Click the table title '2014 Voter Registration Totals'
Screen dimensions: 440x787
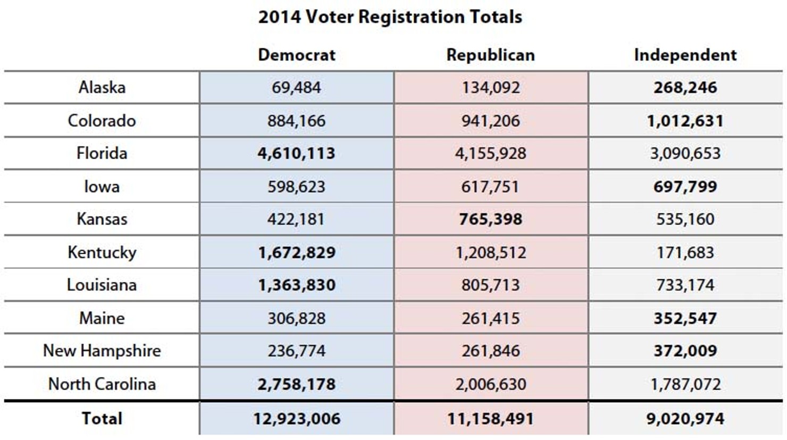[390, 17]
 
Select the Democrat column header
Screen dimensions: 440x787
[296, 55]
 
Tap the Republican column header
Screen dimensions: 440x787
[490, 55]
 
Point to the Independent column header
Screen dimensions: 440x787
[685, 55]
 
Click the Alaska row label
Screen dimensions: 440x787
[102, 87]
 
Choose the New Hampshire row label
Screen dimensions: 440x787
[102, 351]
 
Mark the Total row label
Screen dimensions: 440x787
[102, 419]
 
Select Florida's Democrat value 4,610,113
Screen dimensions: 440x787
[296, 153]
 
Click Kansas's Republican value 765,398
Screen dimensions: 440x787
[490, 219]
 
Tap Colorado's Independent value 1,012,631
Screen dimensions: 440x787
[685, 121]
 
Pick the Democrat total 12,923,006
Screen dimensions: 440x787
[296, 419]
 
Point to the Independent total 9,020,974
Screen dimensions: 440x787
[685, 419]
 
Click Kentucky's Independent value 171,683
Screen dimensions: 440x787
[685, 252]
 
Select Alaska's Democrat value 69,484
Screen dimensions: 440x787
[296, 87]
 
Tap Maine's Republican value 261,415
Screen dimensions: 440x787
[490, 318]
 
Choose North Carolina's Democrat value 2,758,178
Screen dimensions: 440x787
[296, 384]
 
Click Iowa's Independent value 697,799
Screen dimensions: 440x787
[685, 187]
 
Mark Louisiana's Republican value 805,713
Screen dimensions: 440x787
[490, 285]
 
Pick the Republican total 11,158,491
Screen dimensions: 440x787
[490, 419]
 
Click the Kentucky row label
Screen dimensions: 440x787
[102, 252]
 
